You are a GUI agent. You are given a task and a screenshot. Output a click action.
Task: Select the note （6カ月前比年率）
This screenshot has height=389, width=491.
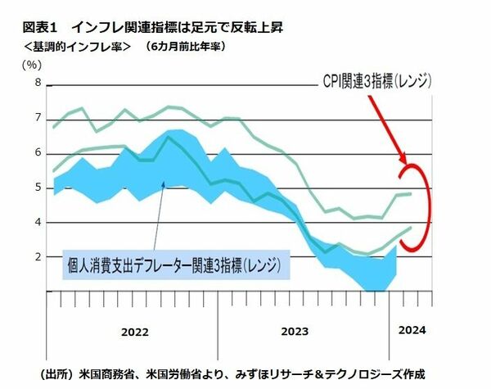[185, 46]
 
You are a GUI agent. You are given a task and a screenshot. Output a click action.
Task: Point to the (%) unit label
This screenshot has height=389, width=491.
[33, 64]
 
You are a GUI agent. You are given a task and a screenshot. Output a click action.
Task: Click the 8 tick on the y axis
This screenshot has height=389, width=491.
[37, 84]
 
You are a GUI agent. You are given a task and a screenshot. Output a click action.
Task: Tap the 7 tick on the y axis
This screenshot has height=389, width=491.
[37, 119]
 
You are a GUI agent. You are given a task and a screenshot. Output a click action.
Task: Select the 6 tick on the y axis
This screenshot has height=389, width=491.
[37, 153]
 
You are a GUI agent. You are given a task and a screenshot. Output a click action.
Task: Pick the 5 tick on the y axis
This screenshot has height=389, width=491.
[37, 188]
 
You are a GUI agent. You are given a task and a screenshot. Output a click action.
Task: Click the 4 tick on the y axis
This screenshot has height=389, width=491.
[37, 222]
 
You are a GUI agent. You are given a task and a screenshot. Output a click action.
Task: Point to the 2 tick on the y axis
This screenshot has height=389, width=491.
[37, 256]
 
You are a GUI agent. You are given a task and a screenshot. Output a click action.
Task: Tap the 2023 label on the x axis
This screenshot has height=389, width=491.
[294, 332]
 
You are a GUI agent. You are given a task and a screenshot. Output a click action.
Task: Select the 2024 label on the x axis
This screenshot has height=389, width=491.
[412, 330]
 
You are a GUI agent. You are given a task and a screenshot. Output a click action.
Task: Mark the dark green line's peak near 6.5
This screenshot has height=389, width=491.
[169, 137]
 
